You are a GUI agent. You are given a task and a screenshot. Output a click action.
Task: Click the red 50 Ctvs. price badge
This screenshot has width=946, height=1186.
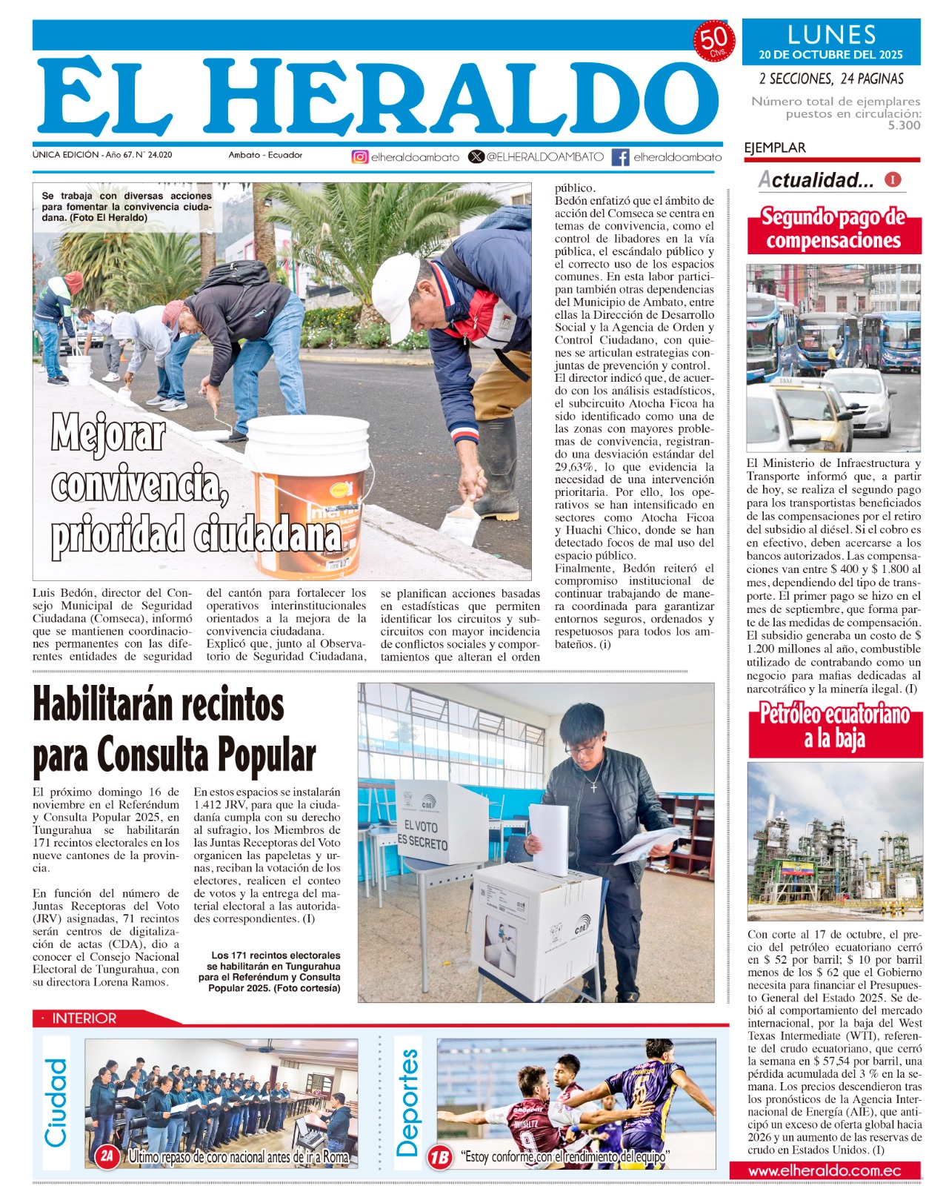713,42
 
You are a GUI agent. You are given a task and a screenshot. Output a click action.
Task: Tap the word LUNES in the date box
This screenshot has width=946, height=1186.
831,35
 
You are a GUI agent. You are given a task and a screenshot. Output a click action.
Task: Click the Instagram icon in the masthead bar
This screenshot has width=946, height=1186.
360,157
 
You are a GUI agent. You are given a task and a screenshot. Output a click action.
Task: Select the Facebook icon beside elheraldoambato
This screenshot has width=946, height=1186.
621,157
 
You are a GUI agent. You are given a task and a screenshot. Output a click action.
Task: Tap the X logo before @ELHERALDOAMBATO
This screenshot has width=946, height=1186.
476,157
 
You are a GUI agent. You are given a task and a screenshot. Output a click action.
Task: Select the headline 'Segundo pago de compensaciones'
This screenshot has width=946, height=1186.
833,229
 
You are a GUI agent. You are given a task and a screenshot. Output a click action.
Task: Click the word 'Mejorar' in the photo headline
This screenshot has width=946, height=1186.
108,434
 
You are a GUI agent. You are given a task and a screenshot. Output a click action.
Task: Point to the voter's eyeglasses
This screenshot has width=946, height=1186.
583,746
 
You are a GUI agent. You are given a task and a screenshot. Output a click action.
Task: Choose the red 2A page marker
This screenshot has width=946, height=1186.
107,1156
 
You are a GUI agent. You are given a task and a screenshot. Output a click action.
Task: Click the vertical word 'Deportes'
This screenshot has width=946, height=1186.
407,1102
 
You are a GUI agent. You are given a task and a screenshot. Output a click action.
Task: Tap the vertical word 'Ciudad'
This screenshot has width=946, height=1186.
56,1102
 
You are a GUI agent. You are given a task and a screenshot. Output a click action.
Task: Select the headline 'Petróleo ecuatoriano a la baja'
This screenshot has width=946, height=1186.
835,727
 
